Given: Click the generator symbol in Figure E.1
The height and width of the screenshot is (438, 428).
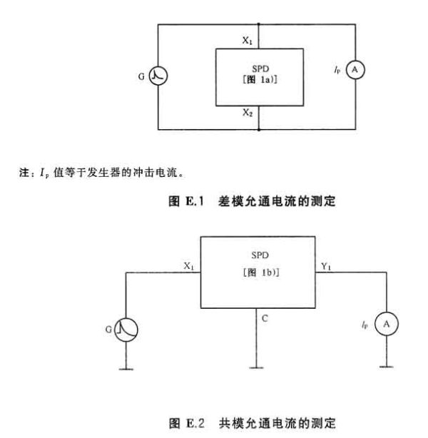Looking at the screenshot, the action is coord(158,76).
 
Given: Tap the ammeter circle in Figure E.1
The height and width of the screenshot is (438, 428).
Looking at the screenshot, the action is coord(355,70).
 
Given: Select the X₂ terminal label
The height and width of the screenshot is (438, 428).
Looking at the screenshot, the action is coord(248,113).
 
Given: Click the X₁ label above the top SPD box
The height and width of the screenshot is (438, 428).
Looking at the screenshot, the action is coord(248,41).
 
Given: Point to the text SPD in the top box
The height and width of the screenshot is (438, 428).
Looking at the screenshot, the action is coord(260,68).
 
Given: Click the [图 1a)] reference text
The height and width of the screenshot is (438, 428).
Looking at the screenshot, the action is coord(260,80).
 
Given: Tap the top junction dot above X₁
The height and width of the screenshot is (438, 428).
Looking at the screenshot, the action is coord(259,24).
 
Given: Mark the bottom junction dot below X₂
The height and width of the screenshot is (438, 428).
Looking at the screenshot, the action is coord(259,130).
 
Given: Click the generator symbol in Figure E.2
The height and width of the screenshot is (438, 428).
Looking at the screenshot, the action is coord(126,330).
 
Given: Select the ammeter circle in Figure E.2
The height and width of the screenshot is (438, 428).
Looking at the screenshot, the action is coord(387,324).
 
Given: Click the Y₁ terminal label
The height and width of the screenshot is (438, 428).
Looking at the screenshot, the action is coord(326,267).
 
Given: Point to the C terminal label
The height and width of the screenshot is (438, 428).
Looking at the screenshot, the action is coord(265,318).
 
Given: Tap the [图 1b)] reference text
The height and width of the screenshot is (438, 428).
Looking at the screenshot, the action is coord(261,273).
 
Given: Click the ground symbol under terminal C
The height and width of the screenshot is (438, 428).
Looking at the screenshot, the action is coord(257,368).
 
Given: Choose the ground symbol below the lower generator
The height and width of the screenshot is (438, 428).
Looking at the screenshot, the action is coord(126,370).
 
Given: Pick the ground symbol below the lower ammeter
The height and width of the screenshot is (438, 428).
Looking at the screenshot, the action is coord(387,367).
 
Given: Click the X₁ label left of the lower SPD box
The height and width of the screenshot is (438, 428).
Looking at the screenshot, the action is coord(189,266).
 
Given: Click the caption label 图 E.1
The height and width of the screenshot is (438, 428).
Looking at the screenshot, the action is coord(185,201).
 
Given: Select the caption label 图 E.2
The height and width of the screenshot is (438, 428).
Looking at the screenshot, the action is coord(186,423).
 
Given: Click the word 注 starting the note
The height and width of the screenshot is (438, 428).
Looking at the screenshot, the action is coord(24,173).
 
